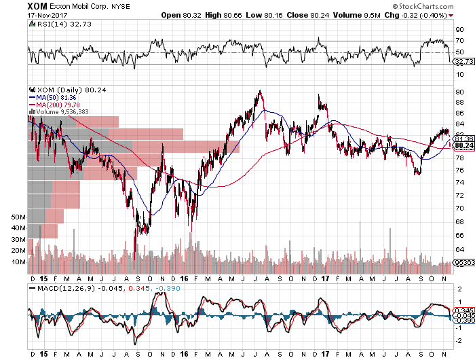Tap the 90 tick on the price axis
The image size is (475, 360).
[459, 92]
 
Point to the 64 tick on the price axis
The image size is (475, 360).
[459, 249]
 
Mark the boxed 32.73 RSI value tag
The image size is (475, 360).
[463, 62]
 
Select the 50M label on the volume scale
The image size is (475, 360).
[18, 217]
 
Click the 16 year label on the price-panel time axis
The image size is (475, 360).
[185, 278]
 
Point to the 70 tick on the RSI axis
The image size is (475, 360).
[459, 40]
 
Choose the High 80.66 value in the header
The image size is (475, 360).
[265, 15]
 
